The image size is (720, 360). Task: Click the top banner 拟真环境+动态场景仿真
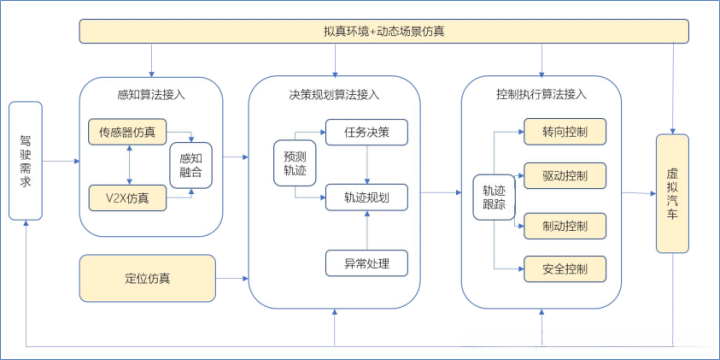tap(385, 31)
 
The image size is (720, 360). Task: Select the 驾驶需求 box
tap(27, 160)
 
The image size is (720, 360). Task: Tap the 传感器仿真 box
tap(127, 131)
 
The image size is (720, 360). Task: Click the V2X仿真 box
tap(127, 193)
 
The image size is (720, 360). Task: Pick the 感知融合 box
tap(196, 163)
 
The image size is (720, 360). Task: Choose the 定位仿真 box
tap(148, 277)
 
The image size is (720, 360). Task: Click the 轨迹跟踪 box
tap(493, 197)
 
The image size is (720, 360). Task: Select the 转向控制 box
tap(565, 131)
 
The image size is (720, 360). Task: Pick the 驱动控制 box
tap(565, 176)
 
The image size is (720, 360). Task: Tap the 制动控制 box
tap(565, 224)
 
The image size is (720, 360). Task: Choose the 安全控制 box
tap(565, 268)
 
